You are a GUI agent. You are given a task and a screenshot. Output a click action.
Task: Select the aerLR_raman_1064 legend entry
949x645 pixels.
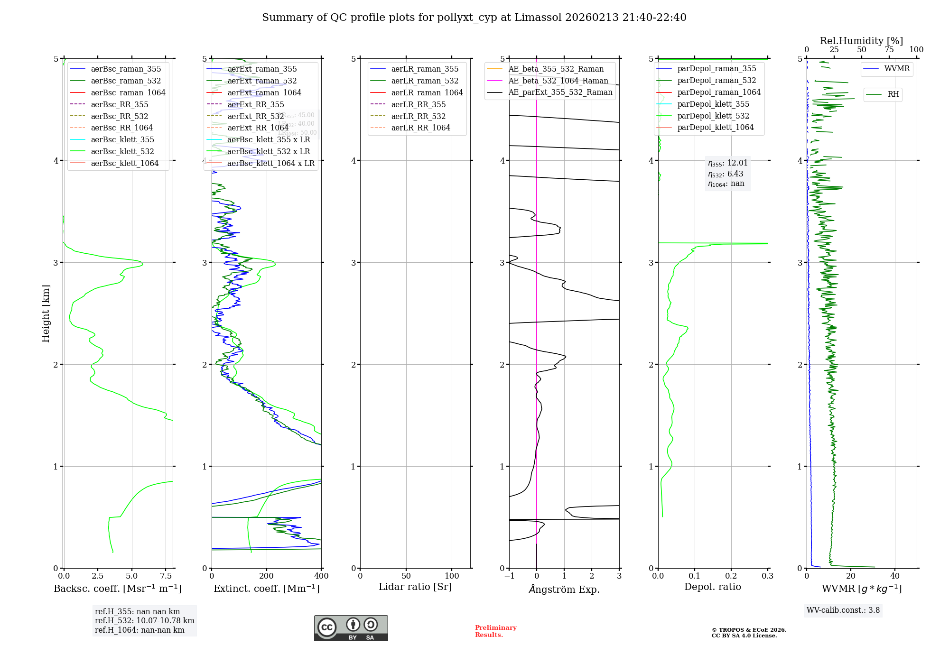[x=427, y=92]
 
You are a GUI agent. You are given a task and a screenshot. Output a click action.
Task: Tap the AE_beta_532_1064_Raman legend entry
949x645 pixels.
[x=558, y=81]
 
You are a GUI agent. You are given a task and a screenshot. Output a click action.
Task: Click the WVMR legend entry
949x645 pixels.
[x=896, y=69]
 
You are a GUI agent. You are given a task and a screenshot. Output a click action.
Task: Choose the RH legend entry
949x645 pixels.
[x=893, y=94]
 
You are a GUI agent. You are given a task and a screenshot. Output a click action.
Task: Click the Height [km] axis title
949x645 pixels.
[x=46, y=313]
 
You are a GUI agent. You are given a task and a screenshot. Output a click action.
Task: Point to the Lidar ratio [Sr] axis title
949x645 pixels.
[x=415, y=587]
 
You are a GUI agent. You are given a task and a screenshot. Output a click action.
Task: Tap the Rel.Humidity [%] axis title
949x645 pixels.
[x=861, y=41]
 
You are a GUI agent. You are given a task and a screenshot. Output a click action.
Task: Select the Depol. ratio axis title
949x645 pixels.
[x=712, y=587]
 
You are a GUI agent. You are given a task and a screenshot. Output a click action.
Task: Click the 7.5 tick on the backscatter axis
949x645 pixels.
[x=166, y=576]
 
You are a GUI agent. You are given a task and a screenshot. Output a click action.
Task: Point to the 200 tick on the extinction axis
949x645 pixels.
[x=267, y=576]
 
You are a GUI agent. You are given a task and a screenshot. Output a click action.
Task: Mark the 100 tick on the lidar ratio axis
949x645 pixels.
[x=452, y=576]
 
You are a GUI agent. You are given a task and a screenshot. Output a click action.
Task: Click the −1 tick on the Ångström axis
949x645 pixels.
[x=509, y=576]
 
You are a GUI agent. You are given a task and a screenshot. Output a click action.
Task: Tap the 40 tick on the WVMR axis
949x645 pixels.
[x=895, y=576]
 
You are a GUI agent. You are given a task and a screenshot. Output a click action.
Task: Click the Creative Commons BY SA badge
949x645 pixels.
[x=351, y=628]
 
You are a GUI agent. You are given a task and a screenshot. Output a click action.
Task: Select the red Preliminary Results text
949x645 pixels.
[x=495, y=631]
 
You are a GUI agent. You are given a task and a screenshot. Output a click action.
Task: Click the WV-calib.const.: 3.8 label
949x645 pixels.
[x=843, y=610]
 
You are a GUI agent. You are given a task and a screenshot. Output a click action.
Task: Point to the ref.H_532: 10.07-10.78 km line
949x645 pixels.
[x=144, y=620]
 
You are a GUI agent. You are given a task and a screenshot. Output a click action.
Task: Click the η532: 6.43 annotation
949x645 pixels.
[x=726, y=174]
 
